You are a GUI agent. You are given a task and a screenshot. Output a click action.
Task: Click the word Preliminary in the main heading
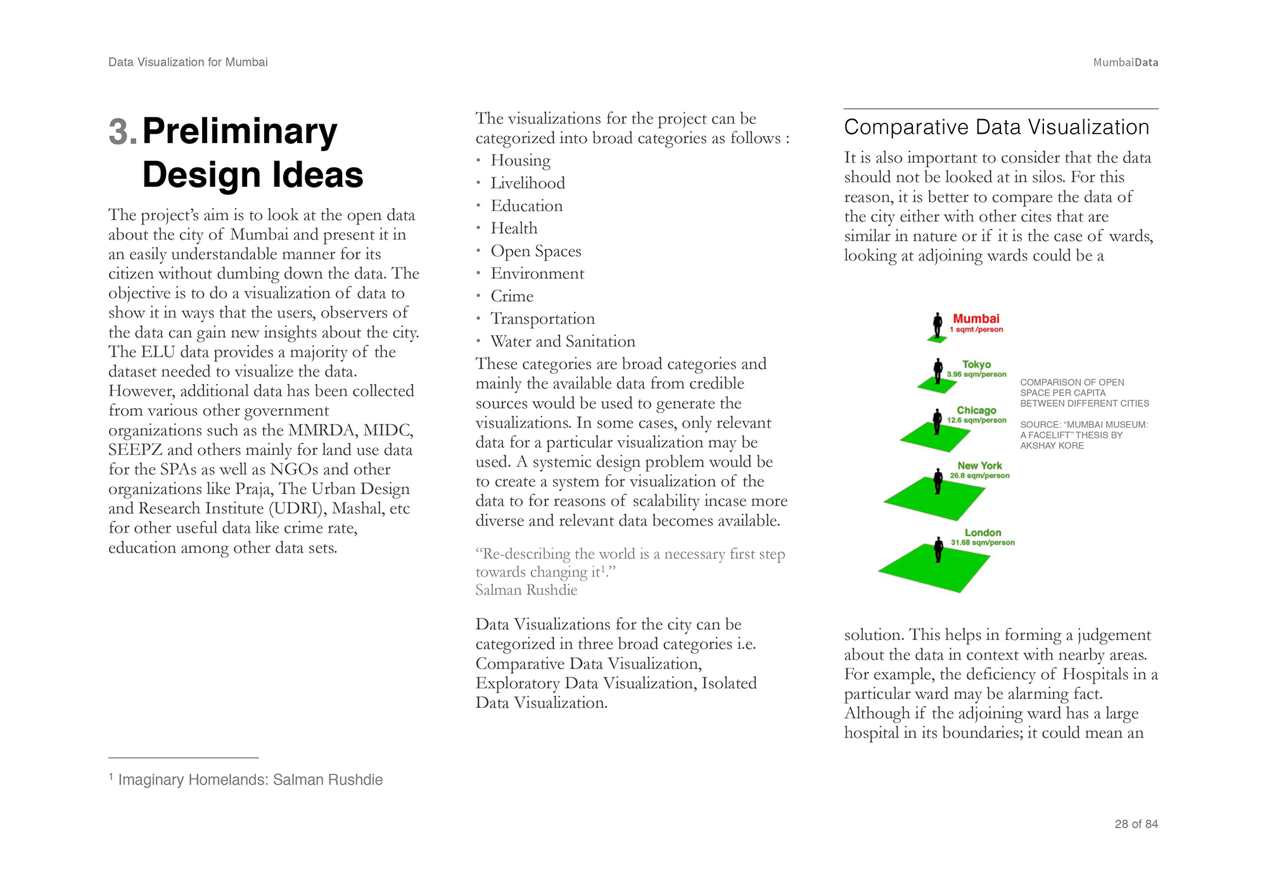(x=239, y=132)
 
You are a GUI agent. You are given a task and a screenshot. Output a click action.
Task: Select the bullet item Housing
(x=520, y=160)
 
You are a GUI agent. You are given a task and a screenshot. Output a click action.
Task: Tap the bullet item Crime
(x=512, y=296)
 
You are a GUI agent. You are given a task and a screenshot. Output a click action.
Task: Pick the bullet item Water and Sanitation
(x=563, y=342)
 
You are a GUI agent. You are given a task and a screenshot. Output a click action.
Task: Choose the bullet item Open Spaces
(x=535, y=251)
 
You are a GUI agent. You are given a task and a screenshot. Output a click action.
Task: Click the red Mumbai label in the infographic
(x=976, y=319)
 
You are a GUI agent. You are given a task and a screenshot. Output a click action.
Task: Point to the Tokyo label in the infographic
(x=976, y=364)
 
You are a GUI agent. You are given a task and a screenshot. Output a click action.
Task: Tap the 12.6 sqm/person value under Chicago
(x=976, y=420)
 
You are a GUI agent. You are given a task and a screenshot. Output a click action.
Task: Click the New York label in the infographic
(x=979, y=466)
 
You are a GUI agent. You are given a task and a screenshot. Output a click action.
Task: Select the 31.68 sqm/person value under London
(x=983, y=542)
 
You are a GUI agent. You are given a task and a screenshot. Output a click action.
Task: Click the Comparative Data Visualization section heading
(x=996, y=127)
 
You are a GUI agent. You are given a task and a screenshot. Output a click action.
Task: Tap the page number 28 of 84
(x=1136, y=824)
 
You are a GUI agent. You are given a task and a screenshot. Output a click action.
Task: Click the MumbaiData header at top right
(x=1125, y=62)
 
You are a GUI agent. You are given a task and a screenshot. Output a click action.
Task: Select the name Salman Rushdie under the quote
(x=526, y=590)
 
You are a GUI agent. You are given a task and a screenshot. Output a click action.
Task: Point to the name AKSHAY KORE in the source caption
(x=1052, y=445)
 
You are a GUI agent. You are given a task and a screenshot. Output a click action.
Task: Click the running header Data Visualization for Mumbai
(x=188, y=62)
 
